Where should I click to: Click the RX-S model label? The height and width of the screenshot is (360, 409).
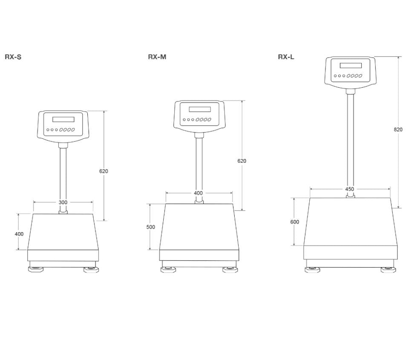click(x=13, y=57)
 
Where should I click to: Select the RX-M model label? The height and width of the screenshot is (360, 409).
click(x=157, y=57)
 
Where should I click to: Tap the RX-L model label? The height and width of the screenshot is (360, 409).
click(x=286, y=57)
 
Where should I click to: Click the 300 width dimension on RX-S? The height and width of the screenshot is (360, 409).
click(x=63, y=202)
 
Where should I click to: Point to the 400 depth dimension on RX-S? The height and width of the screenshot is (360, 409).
click(x=19, y=234)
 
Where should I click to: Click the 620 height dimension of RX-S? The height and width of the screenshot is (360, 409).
click(x=104, y=171)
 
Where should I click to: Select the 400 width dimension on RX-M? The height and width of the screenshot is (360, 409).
click(x=198, y=193)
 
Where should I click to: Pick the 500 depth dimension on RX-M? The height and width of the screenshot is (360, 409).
click(x=150, y=227)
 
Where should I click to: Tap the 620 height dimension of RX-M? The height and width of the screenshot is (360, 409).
click(x=242, y=161)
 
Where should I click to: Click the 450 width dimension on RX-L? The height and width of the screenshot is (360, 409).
click(x=349, y=189)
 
